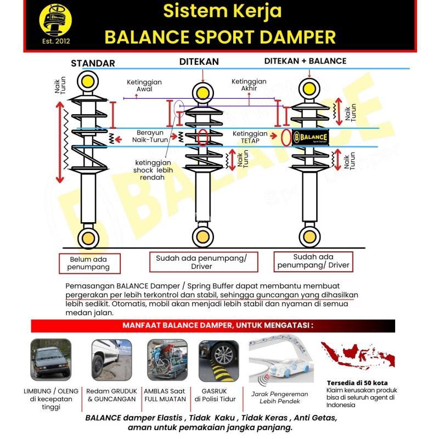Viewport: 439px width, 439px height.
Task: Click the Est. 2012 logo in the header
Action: click(55, 25)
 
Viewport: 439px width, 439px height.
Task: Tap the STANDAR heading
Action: click(93, 63)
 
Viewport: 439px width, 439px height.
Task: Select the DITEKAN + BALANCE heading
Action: click(305, 61)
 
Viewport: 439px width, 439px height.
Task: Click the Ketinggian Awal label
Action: click(144, 86)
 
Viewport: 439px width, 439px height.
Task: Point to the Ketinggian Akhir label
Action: click(249, 85)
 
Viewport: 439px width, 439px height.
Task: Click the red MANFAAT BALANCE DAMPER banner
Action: click(220, 325)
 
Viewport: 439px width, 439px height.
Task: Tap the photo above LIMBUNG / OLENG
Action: click(51, 360)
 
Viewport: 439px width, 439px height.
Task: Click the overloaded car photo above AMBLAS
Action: click(167, 360)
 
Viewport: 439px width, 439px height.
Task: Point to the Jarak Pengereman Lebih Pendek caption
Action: click(279, 397)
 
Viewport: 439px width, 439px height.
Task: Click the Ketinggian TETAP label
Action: click(250, 137)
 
